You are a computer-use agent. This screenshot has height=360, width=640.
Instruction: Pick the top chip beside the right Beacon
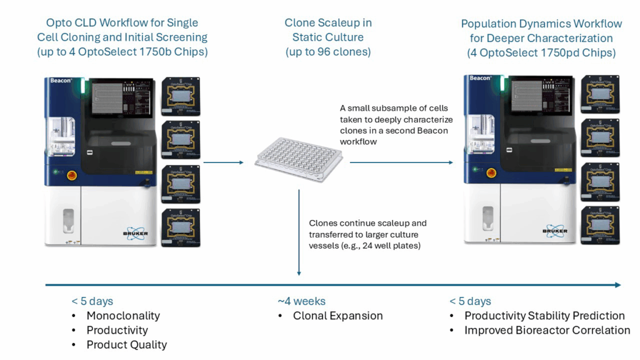601,94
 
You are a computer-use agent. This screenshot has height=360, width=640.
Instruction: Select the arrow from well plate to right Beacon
401,162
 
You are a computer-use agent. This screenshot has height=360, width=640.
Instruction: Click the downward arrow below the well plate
299,231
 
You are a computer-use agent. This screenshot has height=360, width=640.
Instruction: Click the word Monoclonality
123,316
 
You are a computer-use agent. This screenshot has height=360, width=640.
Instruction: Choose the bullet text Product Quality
127,344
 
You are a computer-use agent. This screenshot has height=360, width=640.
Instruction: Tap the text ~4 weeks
301,301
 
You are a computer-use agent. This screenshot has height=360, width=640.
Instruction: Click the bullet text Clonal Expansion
337,316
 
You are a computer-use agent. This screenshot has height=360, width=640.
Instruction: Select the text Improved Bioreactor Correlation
547,330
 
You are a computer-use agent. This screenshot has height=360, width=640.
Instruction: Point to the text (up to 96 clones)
328,51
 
